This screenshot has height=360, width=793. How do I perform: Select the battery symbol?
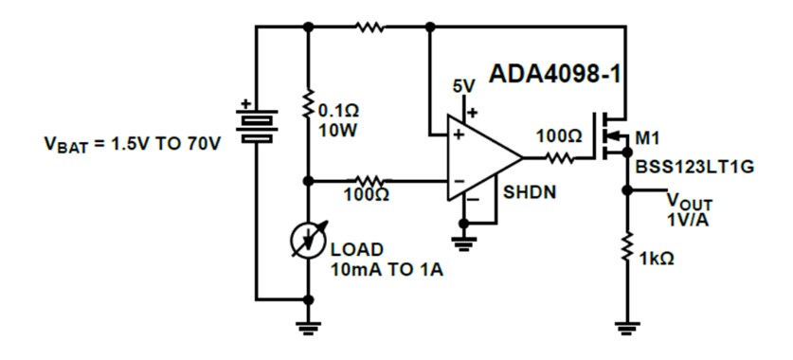[x=256, y=122]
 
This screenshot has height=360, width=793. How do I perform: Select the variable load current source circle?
[x=307, y=241]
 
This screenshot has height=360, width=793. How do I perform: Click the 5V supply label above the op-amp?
[x=463, y=86]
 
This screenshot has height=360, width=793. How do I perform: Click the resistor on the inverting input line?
[x=369, y=179]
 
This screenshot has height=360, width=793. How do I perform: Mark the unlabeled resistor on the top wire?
[x=369, y=27]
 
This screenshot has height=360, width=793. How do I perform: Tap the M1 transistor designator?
[x=648, y=139]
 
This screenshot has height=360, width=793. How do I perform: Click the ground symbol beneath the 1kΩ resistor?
[x=624, y=329]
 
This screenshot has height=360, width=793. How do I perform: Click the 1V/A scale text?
[x=687, y=220]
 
